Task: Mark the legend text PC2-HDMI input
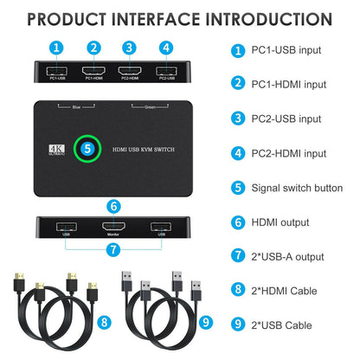click(282, 152)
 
